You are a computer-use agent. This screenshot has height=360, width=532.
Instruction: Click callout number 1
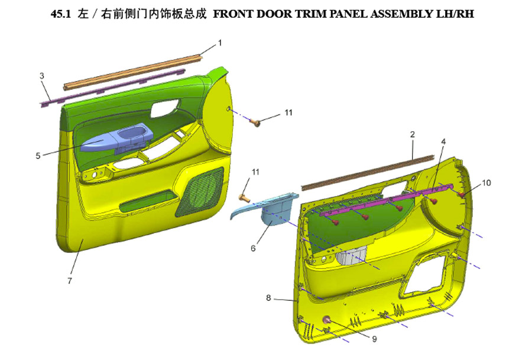coord(220,43)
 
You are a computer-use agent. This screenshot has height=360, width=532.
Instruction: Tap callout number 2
coord(412,134)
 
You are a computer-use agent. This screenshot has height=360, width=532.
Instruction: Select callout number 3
coord(42,76)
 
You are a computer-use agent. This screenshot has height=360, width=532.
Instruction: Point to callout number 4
coord(443,141)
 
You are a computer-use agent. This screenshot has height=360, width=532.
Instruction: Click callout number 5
coord(38,155)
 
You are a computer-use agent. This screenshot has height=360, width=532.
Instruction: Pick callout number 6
coord(253,248)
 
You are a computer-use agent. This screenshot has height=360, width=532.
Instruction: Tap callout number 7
coord(70,281)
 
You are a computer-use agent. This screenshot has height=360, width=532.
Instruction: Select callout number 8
coord(268,298)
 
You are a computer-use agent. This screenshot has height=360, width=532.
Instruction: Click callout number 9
coord(374,339)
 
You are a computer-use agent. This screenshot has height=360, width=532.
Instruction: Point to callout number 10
coord(486,183)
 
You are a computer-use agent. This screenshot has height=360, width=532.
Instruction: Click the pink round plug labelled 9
coord(327,319)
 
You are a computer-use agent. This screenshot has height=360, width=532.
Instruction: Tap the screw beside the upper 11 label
coord(255,122)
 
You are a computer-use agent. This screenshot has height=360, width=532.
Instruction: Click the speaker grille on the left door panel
coord(200,192)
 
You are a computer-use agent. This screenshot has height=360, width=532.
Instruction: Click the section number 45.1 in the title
coord(60,14)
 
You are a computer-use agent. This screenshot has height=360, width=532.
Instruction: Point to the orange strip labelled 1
coord(134,72)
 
